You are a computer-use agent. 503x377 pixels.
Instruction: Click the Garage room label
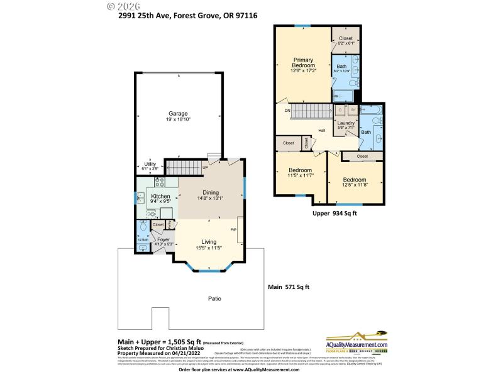[x=178, y=114]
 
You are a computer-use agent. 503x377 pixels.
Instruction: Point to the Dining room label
[x=210, y=193]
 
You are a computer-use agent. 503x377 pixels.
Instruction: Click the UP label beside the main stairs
[x=205, y=167]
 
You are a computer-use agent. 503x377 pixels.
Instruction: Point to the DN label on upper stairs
[x=287, y=111]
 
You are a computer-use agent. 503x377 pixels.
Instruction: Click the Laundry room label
[x=346, y=123]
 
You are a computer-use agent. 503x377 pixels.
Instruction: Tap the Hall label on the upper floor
[x=321, y=131]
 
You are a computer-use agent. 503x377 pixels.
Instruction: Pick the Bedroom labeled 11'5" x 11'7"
[x=300, y=170]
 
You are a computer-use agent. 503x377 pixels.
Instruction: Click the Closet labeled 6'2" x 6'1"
[x=346, y=38]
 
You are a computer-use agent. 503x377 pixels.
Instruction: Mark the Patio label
[x=215, y=298]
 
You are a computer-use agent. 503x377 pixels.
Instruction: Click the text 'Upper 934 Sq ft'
[x=334, y=214]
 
